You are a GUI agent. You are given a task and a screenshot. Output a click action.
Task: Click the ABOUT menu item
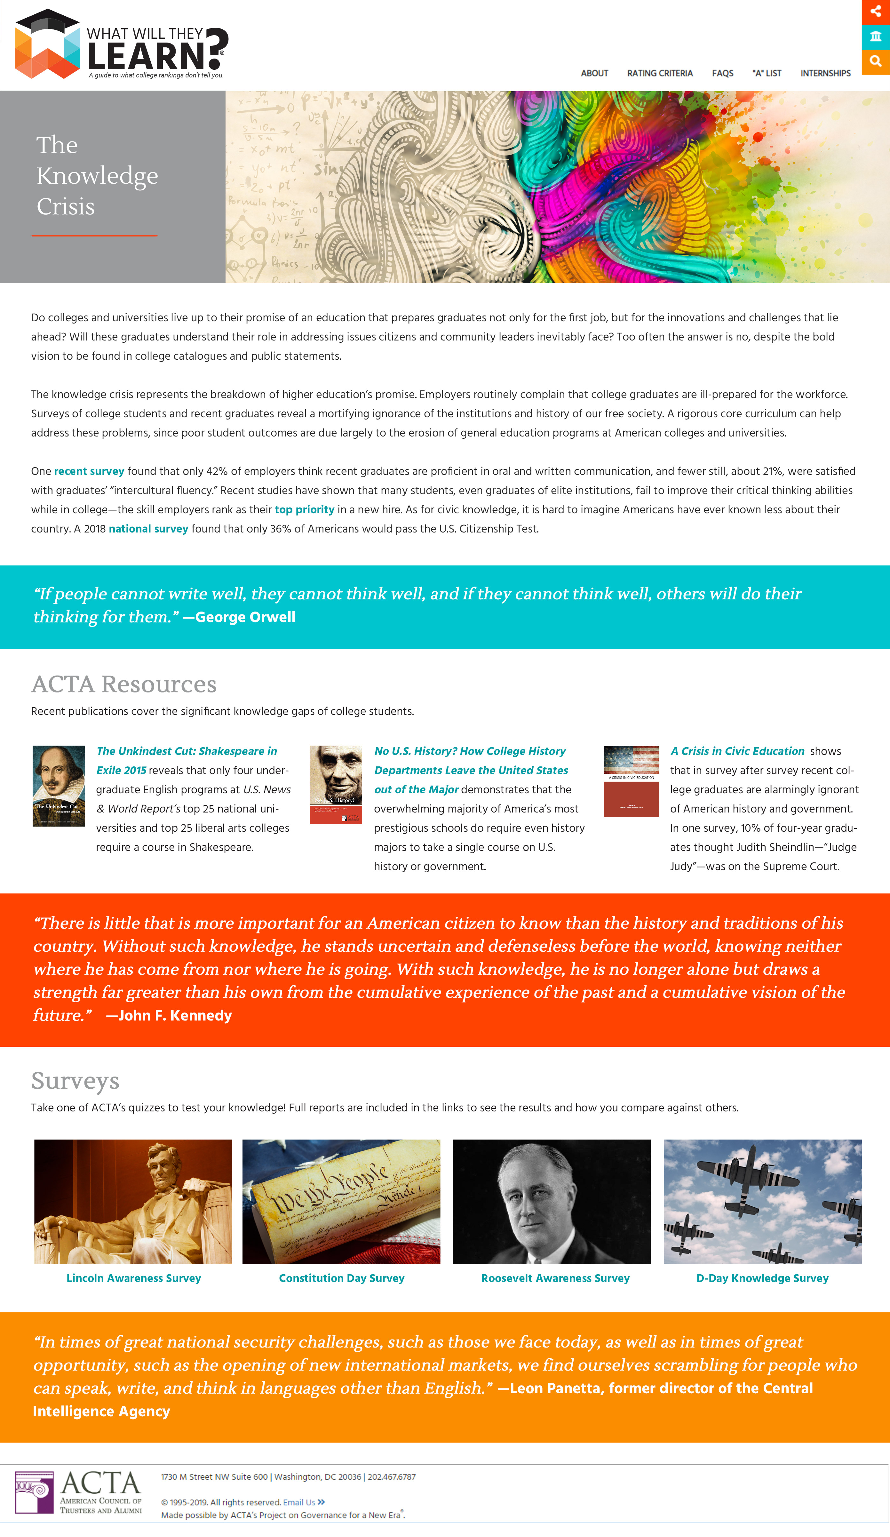pyautogui.click(x=594, y=73)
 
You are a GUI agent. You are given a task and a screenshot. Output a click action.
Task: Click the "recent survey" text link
pyautogui.click(x=89, y=471)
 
